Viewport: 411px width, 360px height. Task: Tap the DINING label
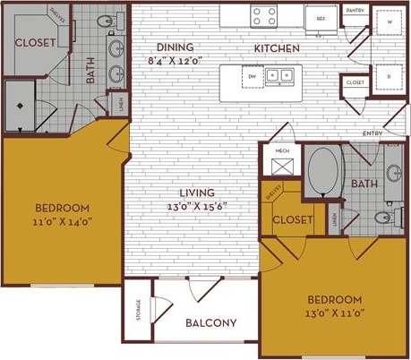click(x=173, y=47)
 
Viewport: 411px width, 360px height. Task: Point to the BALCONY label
click(x=211, y=323)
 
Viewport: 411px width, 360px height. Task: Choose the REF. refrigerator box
click(x=320, y=16)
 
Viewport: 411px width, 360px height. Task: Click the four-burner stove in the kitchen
click(x=264, y=15)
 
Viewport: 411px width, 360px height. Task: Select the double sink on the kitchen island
click(x=278, y=76)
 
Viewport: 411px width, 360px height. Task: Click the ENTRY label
click(x=372, y=133)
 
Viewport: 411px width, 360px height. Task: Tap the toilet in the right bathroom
click(x=387, y=218)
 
